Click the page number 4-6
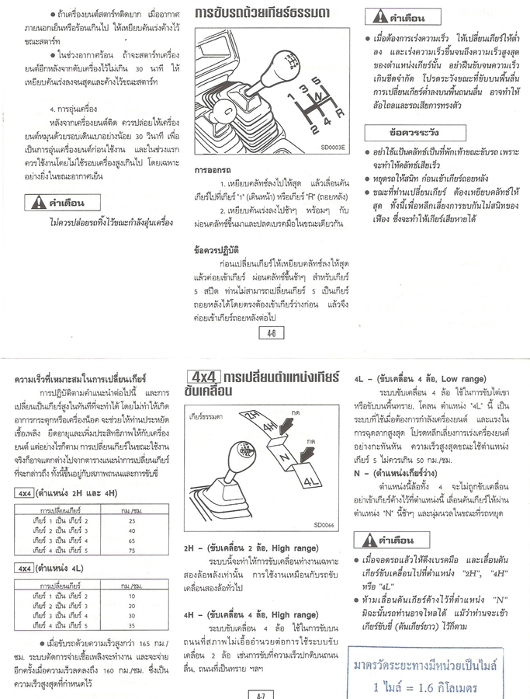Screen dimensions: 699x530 point(272,334)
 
